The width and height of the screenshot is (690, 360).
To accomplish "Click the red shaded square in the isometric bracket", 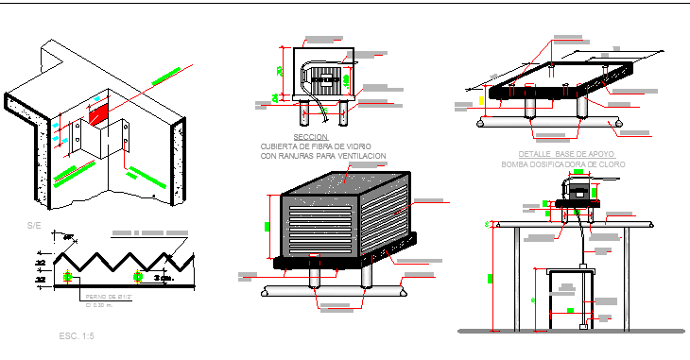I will pos(97,114).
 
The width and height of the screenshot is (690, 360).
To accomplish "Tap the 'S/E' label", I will pos(34,226).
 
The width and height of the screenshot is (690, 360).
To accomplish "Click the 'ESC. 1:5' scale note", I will pos(76,335).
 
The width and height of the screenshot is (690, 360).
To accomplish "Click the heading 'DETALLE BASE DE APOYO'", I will pos(567,153).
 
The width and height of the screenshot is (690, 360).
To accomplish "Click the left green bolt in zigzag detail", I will pos(68,276).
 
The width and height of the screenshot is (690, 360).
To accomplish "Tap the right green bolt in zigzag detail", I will pos(140,276).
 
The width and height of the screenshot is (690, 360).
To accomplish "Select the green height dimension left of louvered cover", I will pos(267,226).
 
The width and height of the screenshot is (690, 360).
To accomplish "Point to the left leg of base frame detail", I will pos(531,109).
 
